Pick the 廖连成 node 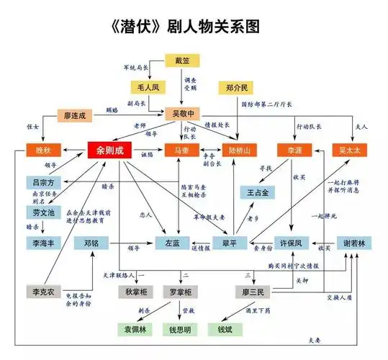pyautogui.click(x=75, y=114)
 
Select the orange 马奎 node pyautogui.click(x=181, y=150)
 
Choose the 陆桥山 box pyautogui.click(x=238, y=150)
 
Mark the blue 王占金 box pyautogui.click(x=258, y=192)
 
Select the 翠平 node pyautogui.click(x=230, y=243)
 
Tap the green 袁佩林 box pyautogui.click(x=135, y=330)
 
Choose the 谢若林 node pyautogui.click(x=353, y=243)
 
